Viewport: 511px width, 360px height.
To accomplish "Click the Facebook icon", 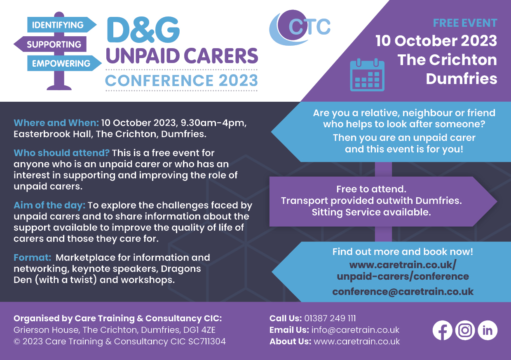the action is point(442,330).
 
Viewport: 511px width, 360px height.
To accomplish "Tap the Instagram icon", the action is point(465,330).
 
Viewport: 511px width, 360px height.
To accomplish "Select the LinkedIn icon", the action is point(488,330).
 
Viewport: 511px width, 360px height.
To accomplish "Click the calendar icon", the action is point(367,75).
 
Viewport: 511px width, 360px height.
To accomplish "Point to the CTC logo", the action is point(300,28).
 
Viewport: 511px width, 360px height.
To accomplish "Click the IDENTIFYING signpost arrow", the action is point(62,25).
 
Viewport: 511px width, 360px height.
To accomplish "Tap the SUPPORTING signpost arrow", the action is point(50,44).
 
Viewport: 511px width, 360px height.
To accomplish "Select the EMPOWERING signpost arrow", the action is point(64,63).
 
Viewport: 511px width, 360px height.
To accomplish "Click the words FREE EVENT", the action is point(465,23).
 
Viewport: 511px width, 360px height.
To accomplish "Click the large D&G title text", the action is point(143,30).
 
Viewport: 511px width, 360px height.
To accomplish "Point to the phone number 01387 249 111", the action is point(330,318).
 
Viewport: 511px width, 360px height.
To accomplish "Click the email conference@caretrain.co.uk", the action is point(403,292).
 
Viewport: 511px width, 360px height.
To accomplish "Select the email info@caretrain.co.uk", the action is point(355,330).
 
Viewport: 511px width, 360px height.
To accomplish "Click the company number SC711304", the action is point(207,341).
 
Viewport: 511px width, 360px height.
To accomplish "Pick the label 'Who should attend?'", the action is point(61,153).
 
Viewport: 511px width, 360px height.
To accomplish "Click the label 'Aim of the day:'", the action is point(49,205).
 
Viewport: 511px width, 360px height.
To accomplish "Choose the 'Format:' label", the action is point(32,257).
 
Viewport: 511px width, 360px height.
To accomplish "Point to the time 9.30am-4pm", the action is point(213,123).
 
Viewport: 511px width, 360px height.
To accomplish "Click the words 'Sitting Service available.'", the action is point(371,212).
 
